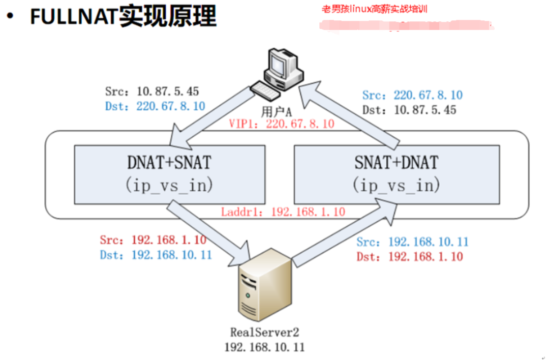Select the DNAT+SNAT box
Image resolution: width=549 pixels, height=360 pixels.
coord(169,174)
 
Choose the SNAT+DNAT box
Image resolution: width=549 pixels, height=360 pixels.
coord(395,174)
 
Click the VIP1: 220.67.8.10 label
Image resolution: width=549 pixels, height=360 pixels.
coord(282,123)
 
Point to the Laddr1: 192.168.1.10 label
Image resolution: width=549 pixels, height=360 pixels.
coord(283,211)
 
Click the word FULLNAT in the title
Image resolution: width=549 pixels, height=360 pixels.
coord(74,17)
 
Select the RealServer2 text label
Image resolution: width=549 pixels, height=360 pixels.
coord(264,333)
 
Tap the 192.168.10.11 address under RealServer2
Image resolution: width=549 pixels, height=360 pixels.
coord(264,347)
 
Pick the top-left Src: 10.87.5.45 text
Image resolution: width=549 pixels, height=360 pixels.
coord(151,92)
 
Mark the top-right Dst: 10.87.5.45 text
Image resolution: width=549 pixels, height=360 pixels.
coord(409,109)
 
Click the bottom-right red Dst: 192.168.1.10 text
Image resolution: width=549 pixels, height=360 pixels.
coord(410,256)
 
